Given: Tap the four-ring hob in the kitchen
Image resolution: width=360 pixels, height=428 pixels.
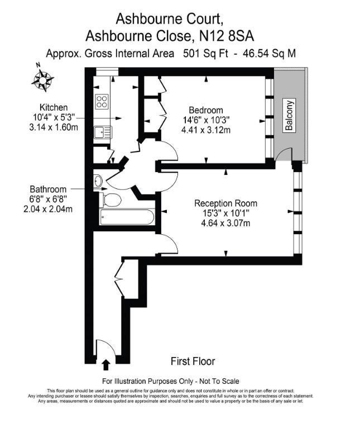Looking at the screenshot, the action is [x=102, y=102].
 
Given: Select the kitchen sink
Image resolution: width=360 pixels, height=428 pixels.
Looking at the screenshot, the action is [x=103, y=132].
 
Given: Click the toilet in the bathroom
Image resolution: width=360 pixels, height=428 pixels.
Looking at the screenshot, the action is [x=110, y=200].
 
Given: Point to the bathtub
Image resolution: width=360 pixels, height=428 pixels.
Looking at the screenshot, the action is [x=127, y=217].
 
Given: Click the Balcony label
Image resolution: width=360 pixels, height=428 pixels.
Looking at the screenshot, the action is [x=289, y=116].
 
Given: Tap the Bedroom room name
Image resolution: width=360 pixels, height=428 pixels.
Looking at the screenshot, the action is [x=206, y=110].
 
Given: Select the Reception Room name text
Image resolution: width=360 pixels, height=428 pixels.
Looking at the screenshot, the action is [x=225, y=203].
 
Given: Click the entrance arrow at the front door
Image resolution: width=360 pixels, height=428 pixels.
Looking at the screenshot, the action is [x=106, y=365].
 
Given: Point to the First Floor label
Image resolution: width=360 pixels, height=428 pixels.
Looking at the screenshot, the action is [x=193, y=361].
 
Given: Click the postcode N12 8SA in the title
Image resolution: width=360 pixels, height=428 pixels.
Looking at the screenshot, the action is [x=227, y=36].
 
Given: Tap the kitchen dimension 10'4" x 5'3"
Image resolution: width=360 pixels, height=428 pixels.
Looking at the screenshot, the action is [x=54, y=117].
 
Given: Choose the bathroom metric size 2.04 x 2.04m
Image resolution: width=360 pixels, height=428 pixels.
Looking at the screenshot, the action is [x=48, y=209].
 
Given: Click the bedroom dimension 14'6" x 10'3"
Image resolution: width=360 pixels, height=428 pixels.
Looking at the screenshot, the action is [x=206, y=120].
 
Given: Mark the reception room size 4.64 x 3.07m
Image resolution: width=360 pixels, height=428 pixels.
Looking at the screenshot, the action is [x=225, y=223].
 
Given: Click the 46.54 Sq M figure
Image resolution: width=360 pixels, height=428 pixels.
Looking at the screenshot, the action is [x=269, y=54].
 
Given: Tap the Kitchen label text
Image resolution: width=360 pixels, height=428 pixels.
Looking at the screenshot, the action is [x=54, y=107].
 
